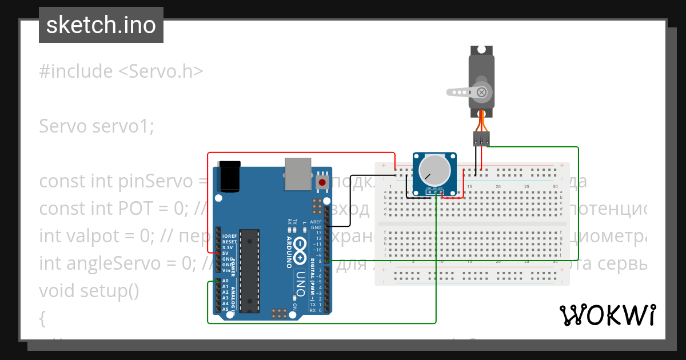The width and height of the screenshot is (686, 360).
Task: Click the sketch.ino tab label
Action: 101,26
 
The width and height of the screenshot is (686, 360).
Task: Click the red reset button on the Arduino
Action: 322,182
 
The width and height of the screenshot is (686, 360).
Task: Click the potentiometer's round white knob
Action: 433,170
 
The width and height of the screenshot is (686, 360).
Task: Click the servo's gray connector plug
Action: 481,138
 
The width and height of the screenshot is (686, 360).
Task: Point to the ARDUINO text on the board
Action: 289,251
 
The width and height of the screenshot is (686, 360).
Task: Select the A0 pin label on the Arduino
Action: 225,281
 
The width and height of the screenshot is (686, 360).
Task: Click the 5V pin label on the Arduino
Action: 226,253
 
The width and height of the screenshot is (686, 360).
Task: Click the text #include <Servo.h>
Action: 121,71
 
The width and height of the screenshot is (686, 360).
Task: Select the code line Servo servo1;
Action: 97,126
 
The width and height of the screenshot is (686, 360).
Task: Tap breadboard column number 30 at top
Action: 555,187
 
